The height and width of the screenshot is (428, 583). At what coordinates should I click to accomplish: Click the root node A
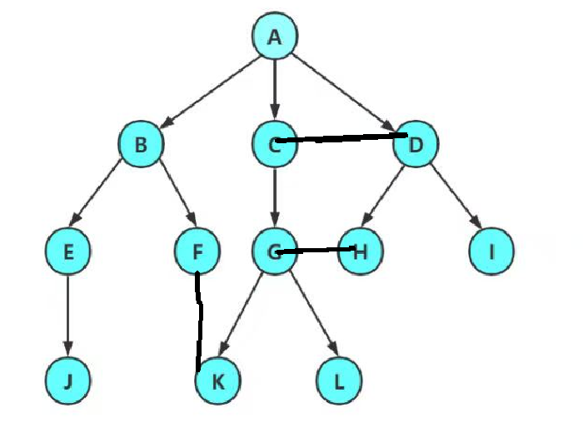[275, 37]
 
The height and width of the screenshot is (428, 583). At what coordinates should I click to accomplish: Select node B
[141, 145]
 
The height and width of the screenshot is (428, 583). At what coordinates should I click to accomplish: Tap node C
[275, 145]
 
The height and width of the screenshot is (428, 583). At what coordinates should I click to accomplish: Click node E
[69, 251]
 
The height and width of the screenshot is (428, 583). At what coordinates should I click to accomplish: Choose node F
[197, 251]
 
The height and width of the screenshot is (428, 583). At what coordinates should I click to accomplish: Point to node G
[275, 251]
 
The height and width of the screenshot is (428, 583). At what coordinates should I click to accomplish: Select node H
[361, 251]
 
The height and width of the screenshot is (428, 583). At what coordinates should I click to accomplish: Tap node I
[491, 251]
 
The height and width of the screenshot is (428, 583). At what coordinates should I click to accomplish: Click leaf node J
[68, 381]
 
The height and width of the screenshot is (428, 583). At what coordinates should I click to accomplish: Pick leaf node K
[217, 381]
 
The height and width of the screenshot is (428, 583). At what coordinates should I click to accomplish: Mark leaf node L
[339, 381]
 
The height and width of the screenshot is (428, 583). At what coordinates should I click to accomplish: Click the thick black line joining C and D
[341, 137]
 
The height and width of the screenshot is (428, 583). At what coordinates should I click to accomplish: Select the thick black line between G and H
[316, 249]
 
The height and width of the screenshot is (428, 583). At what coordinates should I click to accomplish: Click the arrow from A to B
[208, 90]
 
